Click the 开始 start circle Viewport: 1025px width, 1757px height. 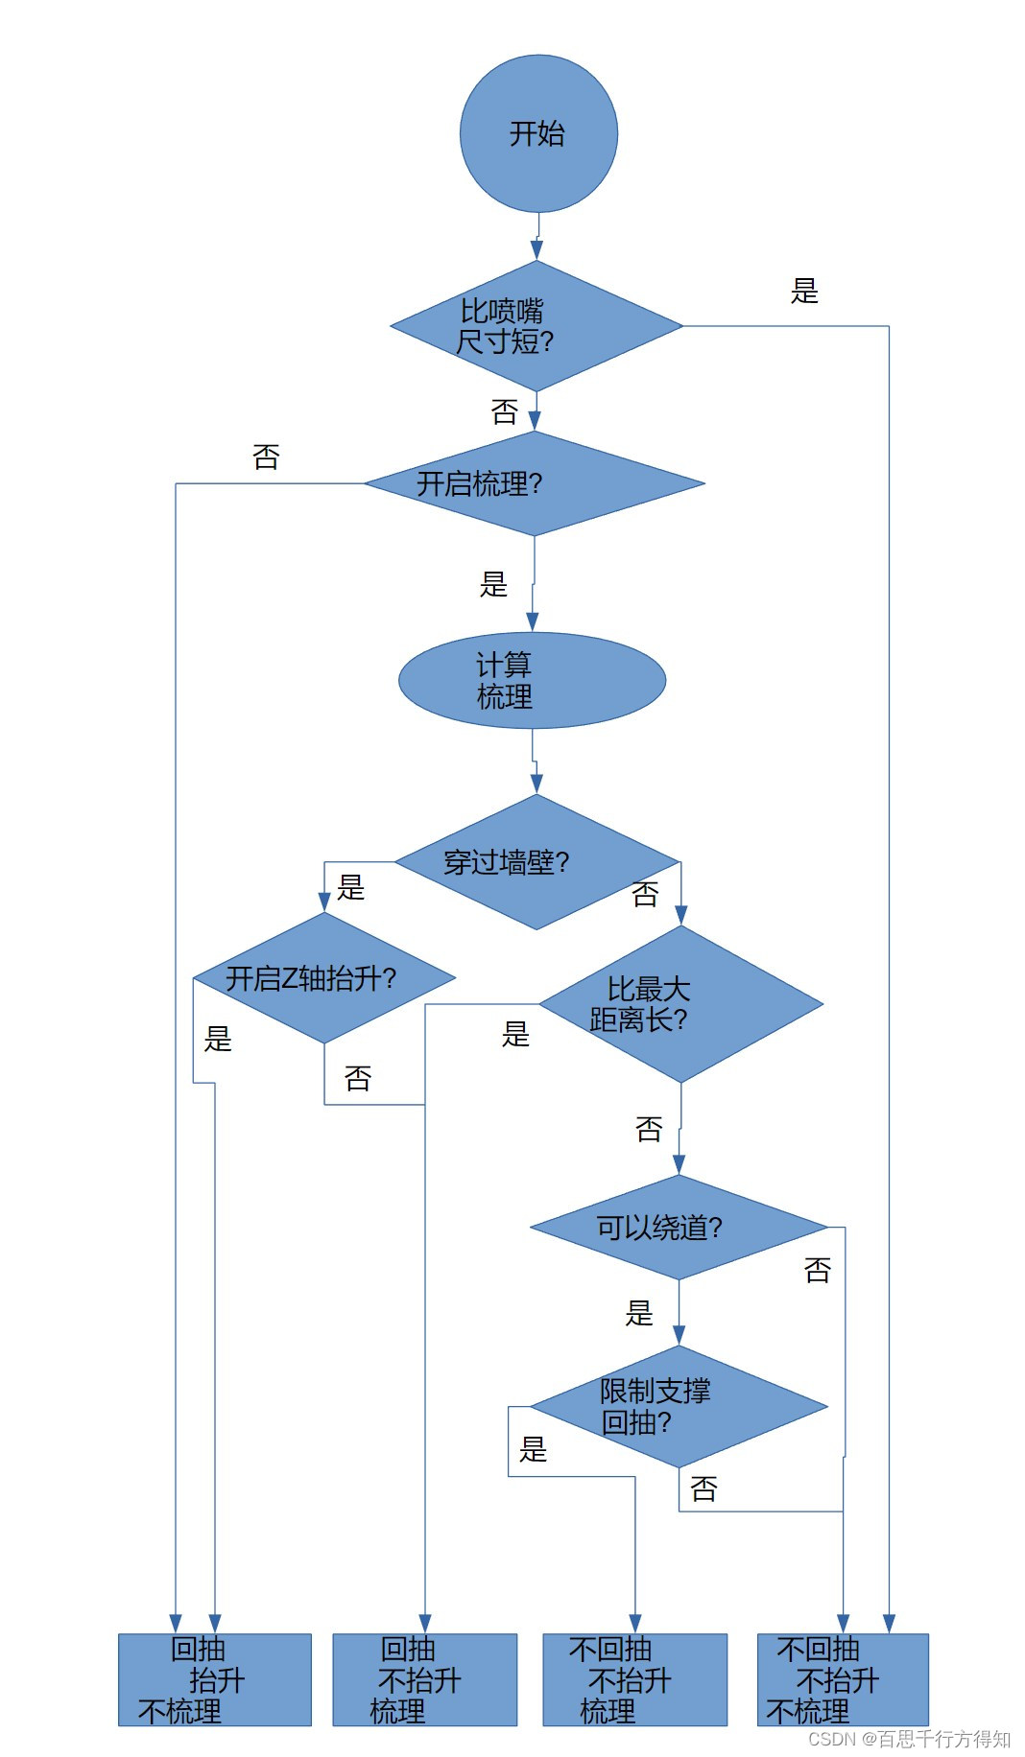[538, 133]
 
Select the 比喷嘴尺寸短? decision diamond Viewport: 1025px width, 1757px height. [536, 326]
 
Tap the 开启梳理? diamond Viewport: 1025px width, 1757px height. [535, 483]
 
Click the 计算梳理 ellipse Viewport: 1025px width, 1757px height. [532, 680]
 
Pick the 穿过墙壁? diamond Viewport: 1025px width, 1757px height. [536, 862]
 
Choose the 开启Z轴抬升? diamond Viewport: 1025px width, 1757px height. [324, 978]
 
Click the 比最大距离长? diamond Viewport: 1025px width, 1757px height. [680, 1004]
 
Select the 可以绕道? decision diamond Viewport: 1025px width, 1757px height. [679, 1227]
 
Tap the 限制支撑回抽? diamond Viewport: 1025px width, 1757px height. [679, 1406]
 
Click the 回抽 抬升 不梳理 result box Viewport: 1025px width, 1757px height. [215, 1680]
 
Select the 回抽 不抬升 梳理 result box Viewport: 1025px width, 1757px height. [424, 1680]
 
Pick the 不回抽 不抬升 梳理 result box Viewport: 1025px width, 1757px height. [634, 1680]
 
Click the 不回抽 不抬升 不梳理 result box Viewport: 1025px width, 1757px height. [843, 1680]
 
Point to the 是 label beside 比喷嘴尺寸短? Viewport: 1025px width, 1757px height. [804, 291]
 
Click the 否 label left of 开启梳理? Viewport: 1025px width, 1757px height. [266, 457]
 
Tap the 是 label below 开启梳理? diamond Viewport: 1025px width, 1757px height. [493, 584]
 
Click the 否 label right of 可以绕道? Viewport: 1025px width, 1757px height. [817, 1271]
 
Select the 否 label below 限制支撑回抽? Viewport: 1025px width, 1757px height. [703, 1488]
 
